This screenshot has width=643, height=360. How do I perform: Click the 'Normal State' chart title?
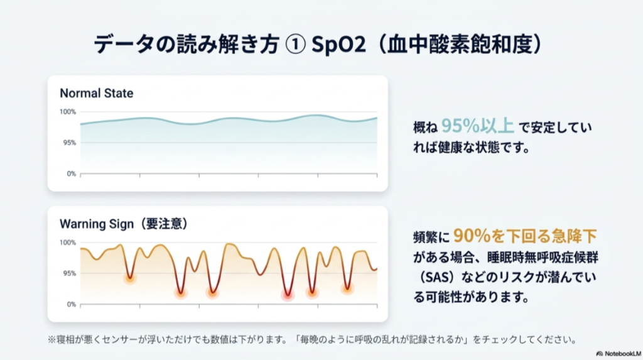pyautogui.click(x=96, y=93)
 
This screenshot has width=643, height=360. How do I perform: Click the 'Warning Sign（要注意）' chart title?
pyautogui.click(x=124, y=224)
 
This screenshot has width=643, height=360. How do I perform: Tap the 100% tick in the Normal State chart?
pyautogui.click(x=68, y=112)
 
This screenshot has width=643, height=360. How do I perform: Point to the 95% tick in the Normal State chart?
pyautogui.click(x=69, y=143)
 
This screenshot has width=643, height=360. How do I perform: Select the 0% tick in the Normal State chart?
pyautogui.click(x=71, y=173)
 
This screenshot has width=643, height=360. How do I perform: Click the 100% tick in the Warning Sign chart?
pyautogui.click(x=68, y=243)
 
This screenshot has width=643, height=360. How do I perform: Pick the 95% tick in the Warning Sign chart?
pyautogui.click(x=69, y=273)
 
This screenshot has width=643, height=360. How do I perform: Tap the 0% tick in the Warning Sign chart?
pyautogui.click(x=71, y=304)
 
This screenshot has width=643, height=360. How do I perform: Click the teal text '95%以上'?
pyautogui.click(x=477, y=126)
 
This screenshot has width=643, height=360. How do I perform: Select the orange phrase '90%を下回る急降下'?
pyautogui.click(x=524, y=236)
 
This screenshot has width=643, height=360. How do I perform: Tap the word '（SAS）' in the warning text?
pyautogui.click(x=436, y=276)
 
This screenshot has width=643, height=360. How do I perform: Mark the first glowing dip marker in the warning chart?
pyautogui.click(x=130, y=278)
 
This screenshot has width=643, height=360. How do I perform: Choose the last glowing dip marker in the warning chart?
pyautogui.click(x=347, y=288)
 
